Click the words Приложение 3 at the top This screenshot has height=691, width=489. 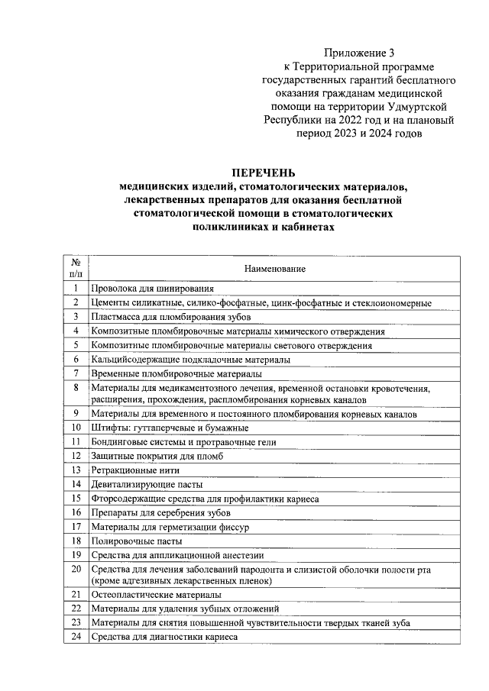360,53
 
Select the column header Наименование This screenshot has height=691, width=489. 275,270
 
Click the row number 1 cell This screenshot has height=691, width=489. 76,289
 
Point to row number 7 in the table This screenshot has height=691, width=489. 76,373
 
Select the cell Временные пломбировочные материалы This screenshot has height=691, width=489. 176,374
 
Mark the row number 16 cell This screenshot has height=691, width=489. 76,512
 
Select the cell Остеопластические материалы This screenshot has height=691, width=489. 156,594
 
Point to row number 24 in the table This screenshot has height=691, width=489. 76,637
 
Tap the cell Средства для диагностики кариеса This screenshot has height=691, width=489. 165,637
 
